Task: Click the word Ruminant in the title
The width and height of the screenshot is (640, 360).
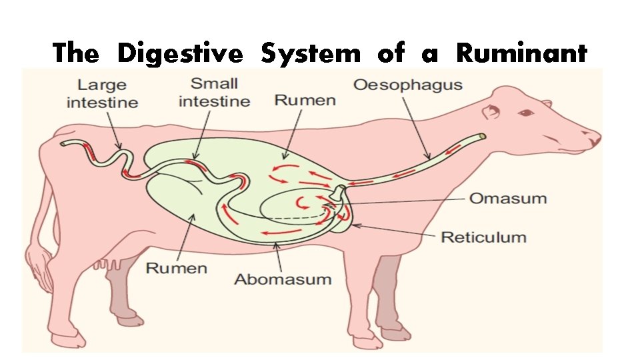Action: click(x=521, y=53)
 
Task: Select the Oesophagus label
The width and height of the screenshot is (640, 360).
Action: click(x=407, y=85)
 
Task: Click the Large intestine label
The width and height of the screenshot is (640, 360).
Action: click(x=103, y=93)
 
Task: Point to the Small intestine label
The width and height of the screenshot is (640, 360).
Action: click(x=214, y=93)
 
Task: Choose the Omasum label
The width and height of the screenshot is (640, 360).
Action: click(x=508, y=199)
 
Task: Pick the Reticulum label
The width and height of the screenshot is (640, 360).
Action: click(x=483, y=237)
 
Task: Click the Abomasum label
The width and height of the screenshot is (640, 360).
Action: click(x=283, y=278)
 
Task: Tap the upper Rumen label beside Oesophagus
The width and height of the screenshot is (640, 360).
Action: click(x=305, y=101)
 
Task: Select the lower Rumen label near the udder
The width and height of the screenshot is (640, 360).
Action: click(x=177, y=268)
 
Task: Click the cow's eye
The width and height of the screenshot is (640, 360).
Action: click(x=527, y=113)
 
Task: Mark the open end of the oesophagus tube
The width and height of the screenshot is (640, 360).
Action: click(x=481, y=137)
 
